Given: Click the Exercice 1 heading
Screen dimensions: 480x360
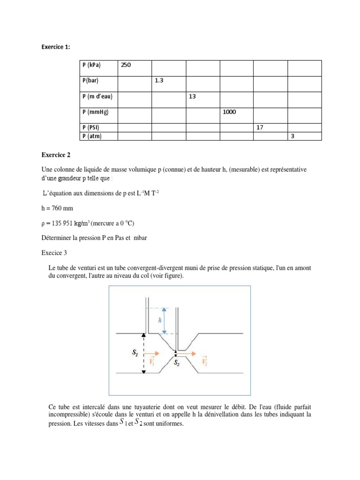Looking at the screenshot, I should click(56, 47).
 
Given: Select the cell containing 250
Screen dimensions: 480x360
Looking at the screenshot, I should click(127, 65).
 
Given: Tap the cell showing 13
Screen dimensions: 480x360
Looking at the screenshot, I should click(192, 96).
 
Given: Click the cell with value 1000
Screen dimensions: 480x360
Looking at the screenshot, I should click(230, 112).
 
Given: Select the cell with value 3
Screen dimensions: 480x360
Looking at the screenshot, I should click(292, 136).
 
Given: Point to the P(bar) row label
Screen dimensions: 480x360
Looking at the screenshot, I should click(90, 81).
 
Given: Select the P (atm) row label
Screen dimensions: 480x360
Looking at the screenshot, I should click(91, 136).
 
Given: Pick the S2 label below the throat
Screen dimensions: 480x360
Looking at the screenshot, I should click(177, 362).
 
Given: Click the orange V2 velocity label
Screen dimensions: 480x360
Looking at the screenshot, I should click(204, 361).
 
